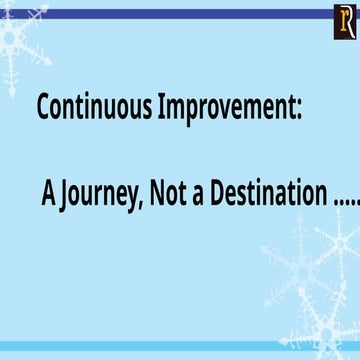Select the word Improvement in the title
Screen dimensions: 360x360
point(228,108)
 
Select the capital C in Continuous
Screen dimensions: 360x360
point(44,107)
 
